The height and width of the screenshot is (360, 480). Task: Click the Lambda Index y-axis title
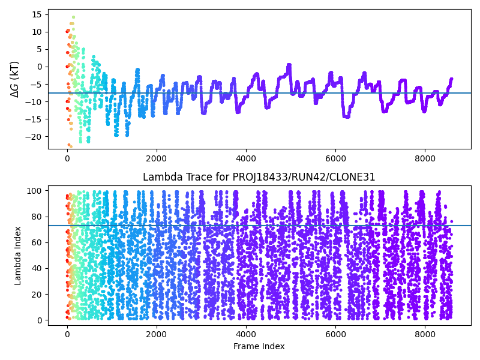17,256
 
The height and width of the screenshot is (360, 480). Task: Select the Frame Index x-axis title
259,346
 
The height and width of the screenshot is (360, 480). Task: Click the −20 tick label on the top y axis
33,137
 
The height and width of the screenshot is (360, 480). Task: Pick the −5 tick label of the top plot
35,84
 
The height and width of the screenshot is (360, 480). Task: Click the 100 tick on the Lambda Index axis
34,191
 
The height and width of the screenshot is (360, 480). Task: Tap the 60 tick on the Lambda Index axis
37,242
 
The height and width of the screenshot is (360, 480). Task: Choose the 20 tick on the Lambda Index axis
37,294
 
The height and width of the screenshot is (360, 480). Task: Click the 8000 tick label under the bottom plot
425,333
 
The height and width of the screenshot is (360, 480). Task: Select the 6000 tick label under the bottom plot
335,333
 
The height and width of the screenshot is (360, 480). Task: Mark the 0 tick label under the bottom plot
67,333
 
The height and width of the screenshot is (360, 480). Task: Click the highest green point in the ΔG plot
73,17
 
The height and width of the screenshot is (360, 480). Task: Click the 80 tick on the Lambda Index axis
37,217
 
